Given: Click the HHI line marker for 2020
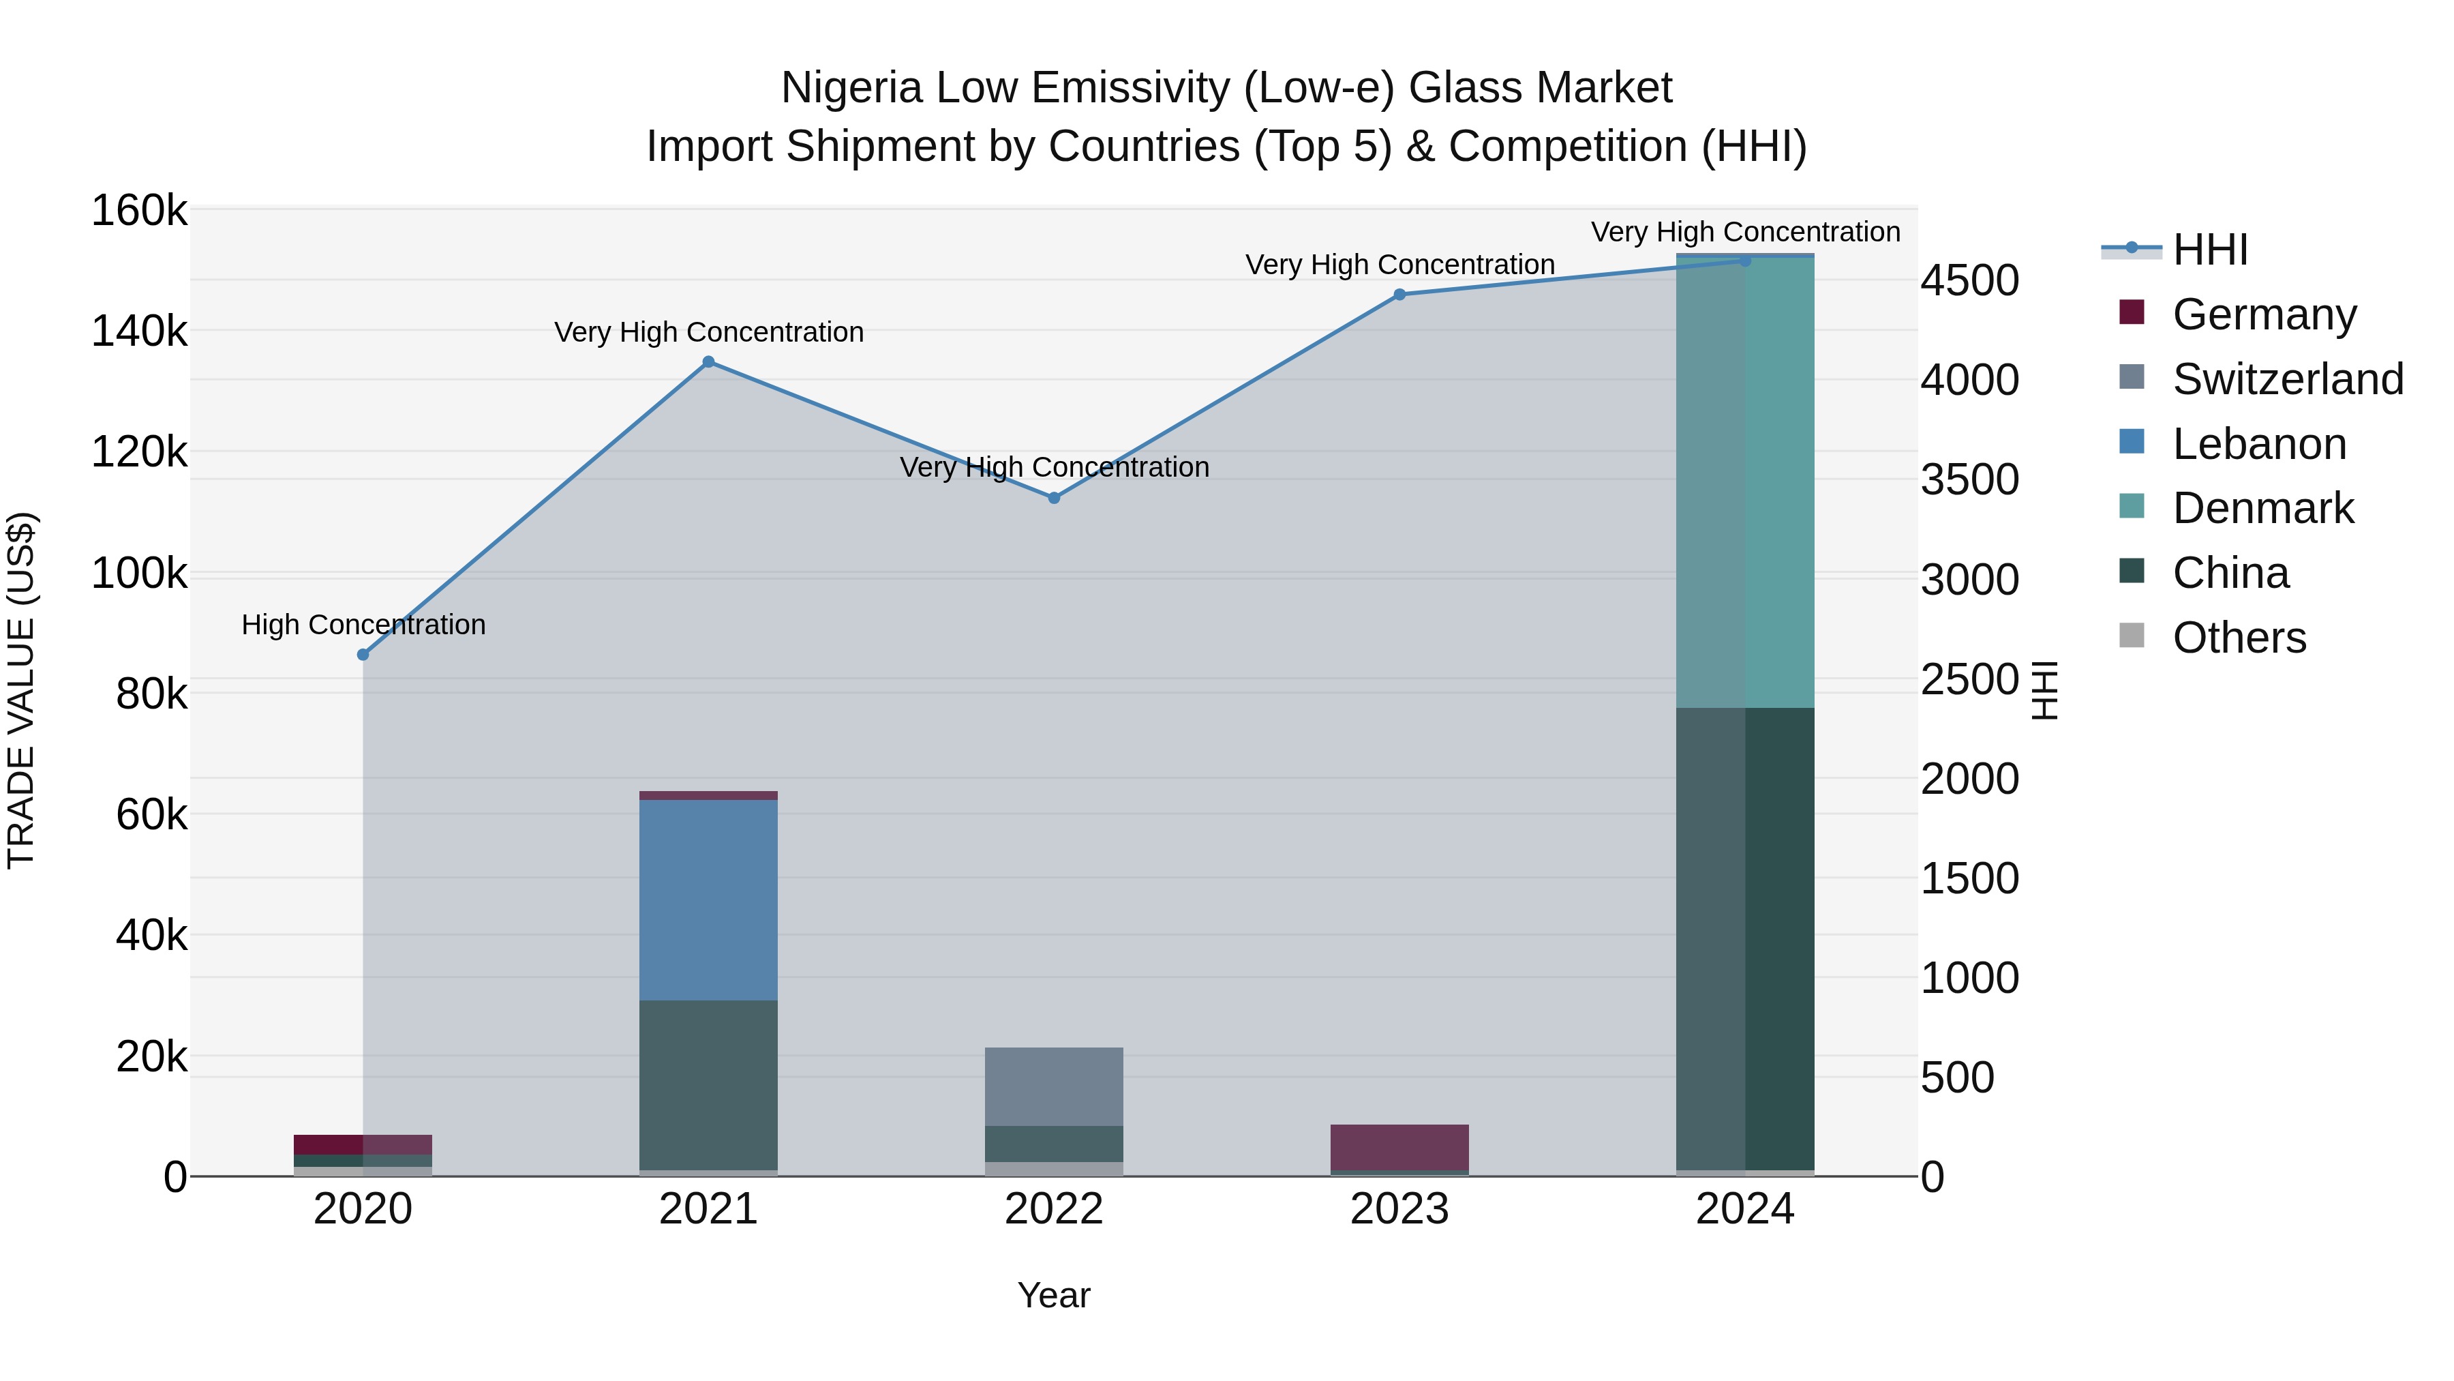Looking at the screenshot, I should click(363, 655).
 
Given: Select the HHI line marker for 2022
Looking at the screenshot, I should click(1054, 498).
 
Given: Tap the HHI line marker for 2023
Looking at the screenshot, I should click(1399, 295).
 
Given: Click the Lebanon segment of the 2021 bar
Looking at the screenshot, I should click(708, 899).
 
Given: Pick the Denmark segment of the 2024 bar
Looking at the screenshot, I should click(1745, 481).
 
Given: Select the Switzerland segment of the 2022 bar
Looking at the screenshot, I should click(1054, 1086).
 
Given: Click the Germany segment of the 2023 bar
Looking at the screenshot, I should click(1399, 1146).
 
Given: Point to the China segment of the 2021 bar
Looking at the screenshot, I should click(708, 1084).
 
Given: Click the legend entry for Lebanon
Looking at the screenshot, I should click(2259, 444).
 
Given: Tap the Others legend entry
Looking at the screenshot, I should click(2239, 638).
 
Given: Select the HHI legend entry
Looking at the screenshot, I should click(2210, 250).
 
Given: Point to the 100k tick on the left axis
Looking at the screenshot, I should click(139, 574).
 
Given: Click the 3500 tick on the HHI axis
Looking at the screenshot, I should click(1969, 479).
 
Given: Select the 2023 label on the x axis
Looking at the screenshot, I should click(1399, 1209).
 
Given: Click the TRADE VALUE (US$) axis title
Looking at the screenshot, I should click(21, 690).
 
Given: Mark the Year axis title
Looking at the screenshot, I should click(1054, 1295).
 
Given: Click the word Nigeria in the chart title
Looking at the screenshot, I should click(851, 88).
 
